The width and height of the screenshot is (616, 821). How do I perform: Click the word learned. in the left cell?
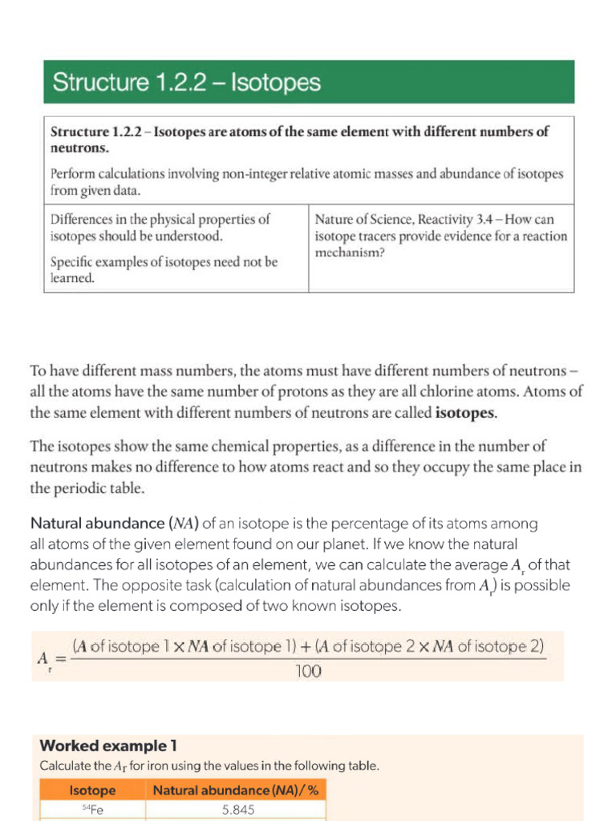tap(73, 277)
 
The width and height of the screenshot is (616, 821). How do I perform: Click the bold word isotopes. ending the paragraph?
tap(466, 414)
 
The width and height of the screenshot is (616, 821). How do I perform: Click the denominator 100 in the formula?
tap(308, 672)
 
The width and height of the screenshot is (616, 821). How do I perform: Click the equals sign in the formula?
tap(58, 657)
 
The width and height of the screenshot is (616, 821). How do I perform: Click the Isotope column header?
tap(92, 791)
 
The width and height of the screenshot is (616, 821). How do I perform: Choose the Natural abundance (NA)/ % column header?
tap(236, 791)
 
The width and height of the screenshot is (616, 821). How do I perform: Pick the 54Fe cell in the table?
tap(93, 810)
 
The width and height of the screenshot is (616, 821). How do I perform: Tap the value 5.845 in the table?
tap(238, 810)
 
